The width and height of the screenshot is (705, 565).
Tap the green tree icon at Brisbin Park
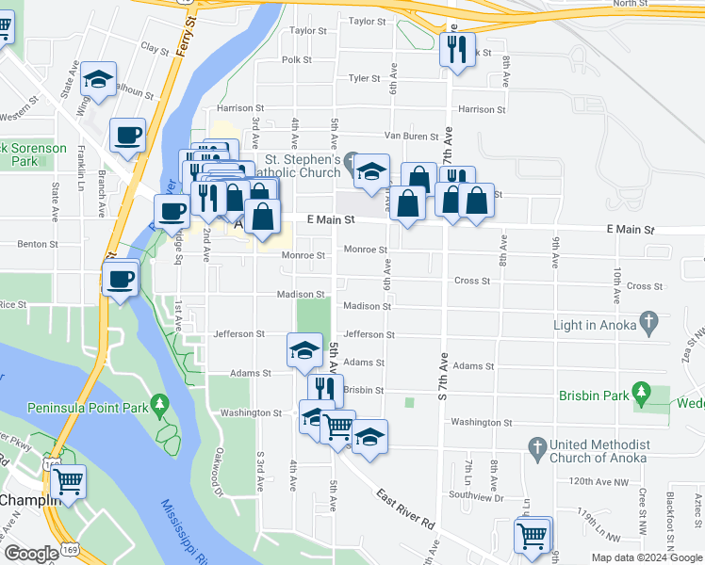(642, 391)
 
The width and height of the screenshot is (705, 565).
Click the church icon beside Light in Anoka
(648, 325)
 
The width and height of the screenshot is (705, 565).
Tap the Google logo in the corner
(31, 554)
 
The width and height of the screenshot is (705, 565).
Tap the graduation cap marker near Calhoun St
(98, 80)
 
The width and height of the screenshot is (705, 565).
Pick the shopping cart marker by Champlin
(68, 481)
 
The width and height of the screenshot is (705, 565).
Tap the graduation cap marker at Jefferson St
(304, 350)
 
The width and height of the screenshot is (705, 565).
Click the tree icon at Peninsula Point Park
(159, 407)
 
